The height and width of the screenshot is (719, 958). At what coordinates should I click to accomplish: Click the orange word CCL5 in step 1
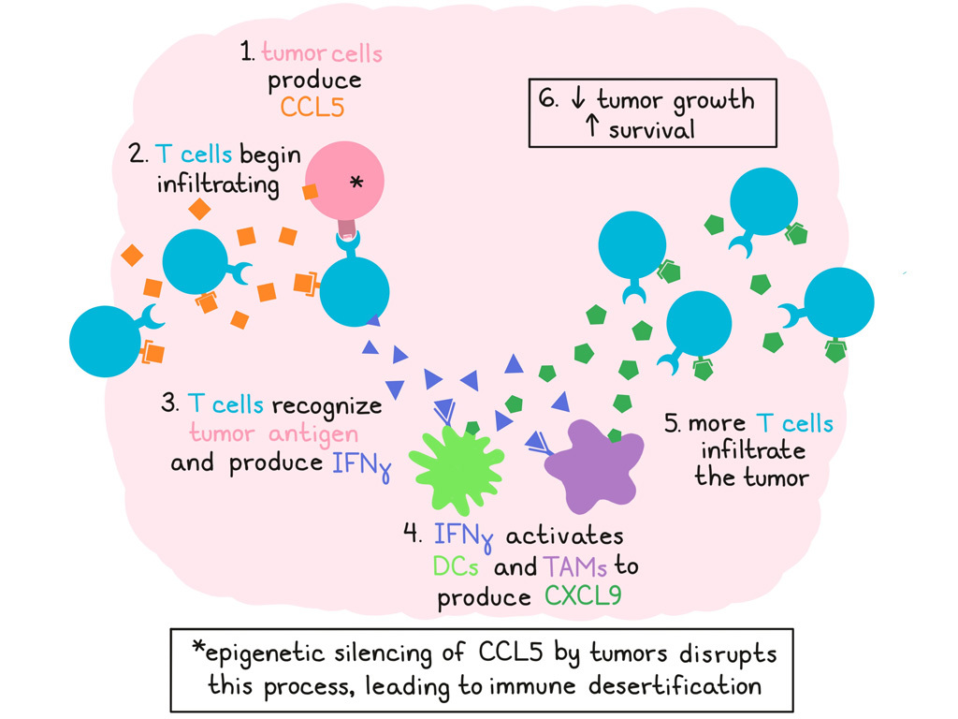[312, 107]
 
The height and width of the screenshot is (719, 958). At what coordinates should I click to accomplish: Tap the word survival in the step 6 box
[651, 129]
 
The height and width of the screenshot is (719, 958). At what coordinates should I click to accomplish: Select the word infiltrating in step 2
[218, 183]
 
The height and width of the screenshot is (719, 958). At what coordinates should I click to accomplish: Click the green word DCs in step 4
[457, 566]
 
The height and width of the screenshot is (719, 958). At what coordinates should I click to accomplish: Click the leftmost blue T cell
[105, 342]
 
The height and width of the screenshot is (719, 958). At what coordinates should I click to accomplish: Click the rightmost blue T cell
[838, 302]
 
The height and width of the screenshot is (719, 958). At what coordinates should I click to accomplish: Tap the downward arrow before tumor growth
[577, 100]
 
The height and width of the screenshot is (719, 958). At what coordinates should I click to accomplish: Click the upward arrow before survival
[591, 129]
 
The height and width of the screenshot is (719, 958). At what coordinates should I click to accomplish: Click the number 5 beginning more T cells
[672, 425]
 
